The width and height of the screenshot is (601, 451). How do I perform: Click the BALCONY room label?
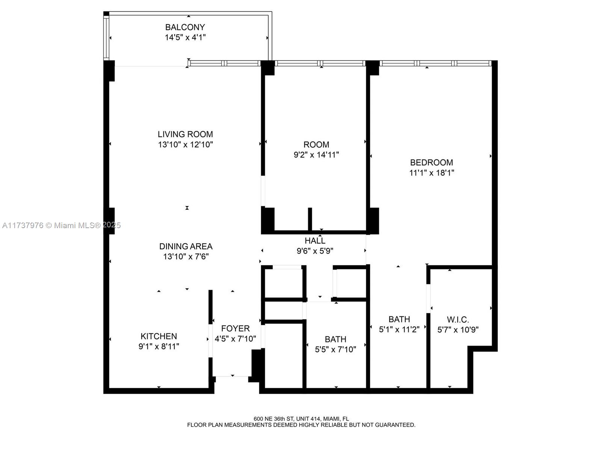[185, 27]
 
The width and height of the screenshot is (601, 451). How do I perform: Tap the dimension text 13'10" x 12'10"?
[186, 144]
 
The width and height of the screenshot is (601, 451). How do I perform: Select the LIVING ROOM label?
[185, 134]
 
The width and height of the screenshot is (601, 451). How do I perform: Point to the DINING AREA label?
[186, 246]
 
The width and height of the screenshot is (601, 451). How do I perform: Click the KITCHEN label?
[159, 336]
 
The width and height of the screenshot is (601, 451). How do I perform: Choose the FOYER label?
[235, 328]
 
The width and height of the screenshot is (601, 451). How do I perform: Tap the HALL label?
[315, 241]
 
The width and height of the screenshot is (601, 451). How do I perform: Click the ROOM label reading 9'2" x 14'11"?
[316, 145]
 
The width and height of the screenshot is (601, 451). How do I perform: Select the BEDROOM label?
[432, 162]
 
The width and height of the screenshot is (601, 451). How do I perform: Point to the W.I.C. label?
[458, 319]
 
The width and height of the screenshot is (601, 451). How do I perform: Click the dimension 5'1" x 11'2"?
[399, 330]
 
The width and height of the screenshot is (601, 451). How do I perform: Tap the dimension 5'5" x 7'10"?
[335, 350]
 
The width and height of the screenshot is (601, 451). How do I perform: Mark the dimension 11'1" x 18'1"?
[432, 173]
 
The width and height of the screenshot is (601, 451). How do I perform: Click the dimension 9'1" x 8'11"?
[159, 346]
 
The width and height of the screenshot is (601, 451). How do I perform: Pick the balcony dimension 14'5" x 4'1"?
[185, 37]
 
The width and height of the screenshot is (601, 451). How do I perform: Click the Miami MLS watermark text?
[61, 225]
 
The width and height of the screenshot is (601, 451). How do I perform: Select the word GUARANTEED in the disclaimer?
[396, 425]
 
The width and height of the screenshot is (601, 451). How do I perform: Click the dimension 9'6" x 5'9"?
[315, 251]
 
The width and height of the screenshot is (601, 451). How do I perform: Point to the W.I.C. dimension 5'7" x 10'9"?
[458, 330]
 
